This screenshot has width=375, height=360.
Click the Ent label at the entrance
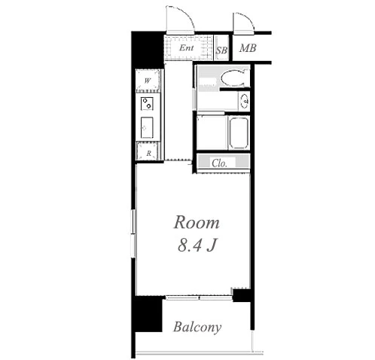pos(186,47)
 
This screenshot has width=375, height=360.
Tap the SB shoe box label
pos(221,50)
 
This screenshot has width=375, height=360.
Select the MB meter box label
pos(248,48)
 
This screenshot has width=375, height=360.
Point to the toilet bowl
pos(233,78)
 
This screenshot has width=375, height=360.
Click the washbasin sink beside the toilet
pos(244,101)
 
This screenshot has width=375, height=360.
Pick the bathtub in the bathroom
pos(239,133)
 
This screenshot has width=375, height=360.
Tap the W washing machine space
pos(148,81)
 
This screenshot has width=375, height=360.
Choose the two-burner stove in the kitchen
pos(147,104)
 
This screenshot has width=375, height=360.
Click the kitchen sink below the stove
pos(147,127)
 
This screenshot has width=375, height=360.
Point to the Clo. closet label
pos(219,163)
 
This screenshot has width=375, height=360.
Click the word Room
pos(197,222)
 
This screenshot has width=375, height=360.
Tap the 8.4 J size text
pos(197,245)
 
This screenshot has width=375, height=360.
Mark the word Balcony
pos(197,327)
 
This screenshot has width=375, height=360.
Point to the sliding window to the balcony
pos(199,298)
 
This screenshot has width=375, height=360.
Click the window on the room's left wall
pos(133,233)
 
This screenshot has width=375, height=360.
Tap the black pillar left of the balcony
pos(147,314)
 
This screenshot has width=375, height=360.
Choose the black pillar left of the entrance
pos(148,50)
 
